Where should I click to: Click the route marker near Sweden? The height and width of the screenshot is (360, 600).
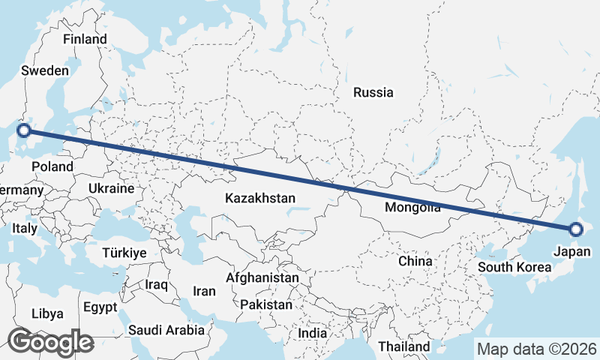(24, 130)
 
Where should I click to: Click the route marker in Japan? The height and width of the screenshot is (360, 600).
(575, 229)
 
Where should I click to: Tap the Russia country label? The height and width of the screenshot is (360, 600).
(373, 93)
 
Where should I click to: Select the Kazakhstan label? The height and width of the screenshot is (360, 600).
(260, 198)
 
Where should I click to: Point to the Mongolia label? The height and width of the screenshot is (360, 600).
(412, 208)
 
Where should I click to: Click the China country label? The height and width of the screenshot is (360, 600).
(415, 261)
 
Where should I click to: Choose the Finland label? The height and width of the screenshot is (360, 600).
(85, 39)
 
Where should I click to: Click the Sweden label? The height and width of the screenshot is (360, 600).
(45, 70)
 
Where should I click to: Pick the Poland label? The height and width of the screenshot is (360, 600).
(52, 166)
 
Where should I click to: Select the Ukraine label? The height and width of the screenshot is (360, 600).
(111, 188)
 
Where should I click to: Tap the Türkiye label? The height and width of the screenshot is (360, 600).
(124, 253)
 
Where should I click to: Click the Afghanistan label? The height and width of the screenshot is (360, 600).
(262, 277)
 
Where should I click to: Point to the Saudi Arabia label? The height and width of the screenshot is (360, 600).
(166, 329)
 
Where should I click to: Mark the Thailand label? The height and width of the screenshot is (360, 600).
(404, 346)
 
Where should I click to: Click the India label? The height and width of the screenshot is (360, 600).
(312, 333)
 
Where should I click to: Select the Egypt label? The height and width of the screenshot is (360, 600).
(100, 307)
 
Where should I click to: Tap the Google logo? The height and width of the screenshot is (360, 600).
(50, 342)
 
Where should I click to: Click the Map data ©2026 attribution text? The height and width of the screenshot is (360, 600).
(537, 349)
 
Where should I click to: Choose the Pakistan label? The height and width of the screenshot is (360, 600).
(266, 305)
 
